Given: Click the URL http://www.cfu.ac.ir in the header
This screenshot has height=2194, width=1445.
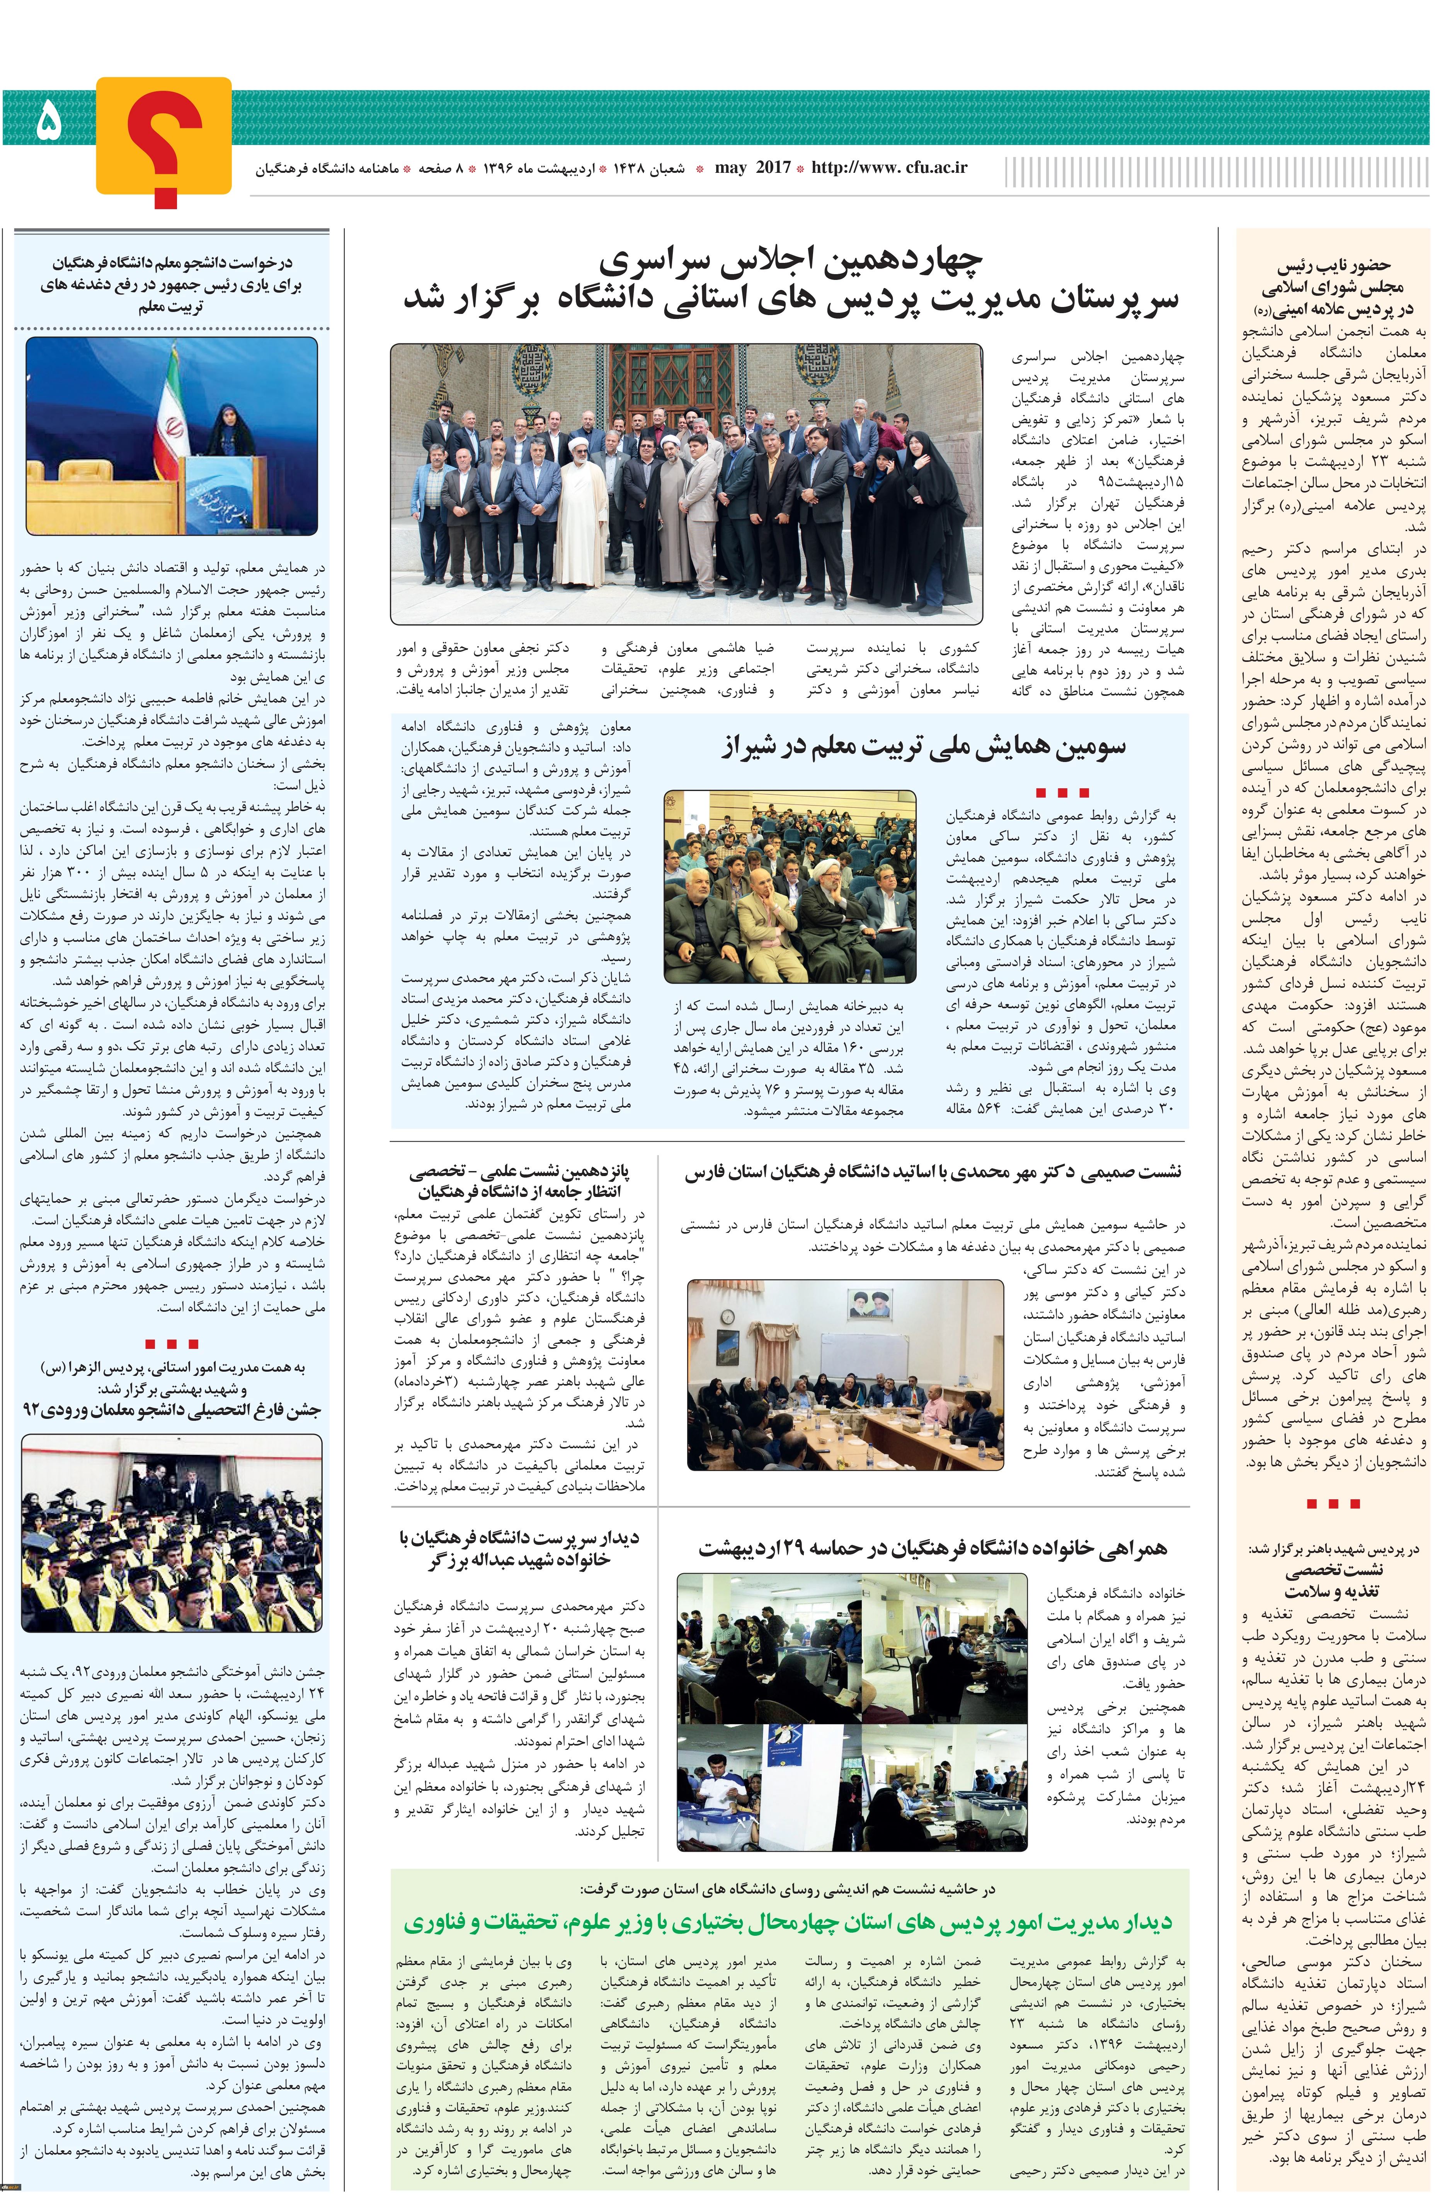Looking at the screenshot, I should (889, 168).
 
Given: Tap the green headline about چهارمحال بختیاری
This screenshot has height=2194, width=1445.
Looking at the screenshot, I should (788, 1922).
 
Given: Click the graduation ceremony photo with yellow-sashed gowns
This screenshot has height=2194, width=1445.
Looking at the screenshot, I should (172, 1535).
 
